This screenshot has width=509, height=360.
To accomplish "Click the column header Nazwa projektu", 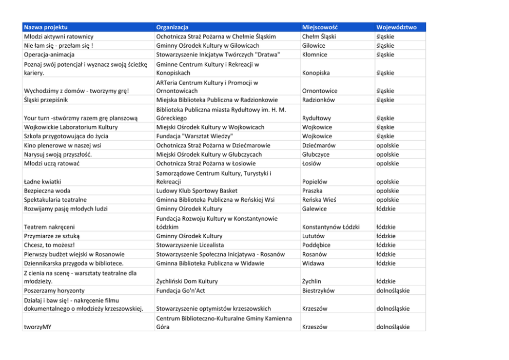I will (46, 27).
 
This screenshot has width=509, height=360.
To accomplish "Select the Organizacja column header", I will (172, 27).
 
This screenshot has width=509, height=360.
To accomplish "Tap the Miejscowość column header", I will (320, 27).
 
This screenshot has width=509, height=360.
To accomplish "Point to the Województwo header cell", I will (396, 27).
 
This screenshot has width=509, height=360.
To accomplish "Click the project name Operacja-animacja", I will (49, 55).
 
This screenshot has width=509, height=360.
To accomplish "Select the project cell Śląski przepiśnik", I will (46, 100).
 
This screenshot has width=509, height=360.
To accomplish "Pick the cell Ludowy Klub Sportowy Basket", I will (197, 191).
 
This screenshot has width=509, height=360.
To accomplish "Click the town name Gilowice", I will (314, 46).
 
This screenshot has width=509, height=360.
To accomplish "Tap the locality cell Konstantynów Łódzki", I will (331, 227).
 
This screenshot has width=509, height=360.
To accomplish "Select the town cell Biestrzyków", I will (318, 291).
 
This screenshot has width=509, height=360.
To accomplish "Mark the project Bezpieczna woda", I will (47, 191).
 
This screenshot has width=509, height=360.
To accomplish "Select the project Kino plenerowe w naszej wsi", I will (63, 145).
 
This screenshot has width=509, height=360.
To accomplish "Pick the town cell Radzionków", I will (318, 100).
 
